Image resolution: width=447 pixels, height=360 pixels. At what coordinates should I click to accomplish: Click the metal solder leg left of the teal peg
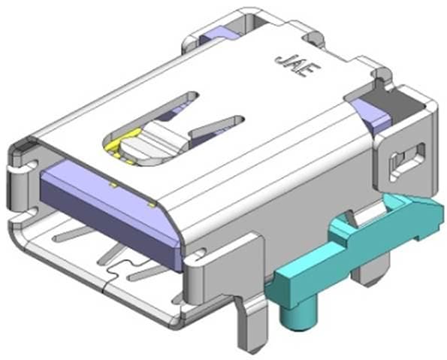(x=248, y=323)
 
